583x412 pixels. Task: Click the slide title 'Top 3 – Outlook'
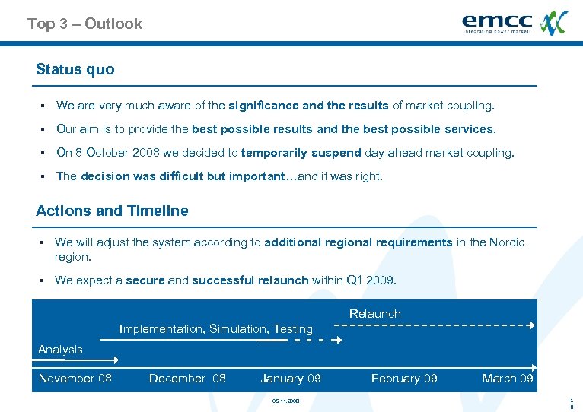(84, 24)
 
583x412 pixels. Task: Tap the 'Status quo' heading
(75, 69)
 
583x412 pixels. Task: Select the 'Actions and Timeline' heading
(112, 211)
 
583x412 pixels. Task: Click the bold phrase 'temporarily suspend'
(301, 153)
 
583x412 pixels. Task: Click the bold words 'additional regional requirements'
(358, 242)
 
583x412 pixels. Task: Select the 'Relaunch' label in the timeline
(374, 314)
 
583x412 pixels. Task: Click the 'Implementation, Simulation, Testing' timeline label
(216, 329)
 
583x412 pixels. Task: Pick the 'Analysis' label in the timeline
(60, 350)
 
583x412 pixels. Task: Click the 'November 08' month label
(75, 379)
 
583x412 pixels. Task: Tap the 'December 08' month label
(187, 379)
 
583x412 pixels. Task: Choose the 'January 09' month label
(291, 379)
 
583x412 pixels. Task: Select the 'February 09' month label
(404, 379)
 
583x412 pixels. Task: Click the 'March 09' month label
(508, 379)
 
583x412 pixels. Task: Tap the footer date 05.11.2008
(285, 401)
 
